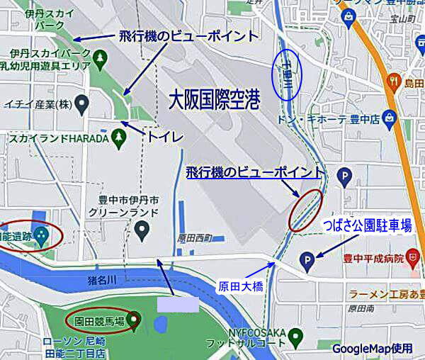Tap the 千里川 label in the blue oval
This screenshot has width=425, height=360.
click(288, 73)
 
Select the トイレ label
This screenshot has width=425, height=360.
click(165, 136)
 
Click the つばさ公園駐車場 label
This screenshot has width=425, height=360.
click(367, 226)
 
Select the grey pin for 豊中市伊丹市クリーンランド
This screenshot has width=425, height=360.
click(142, 229)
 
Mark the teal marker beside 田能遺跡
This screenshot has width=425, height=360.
click(42, 234)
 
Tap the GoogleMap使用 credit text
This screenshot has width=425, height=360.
click(371, 348)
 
